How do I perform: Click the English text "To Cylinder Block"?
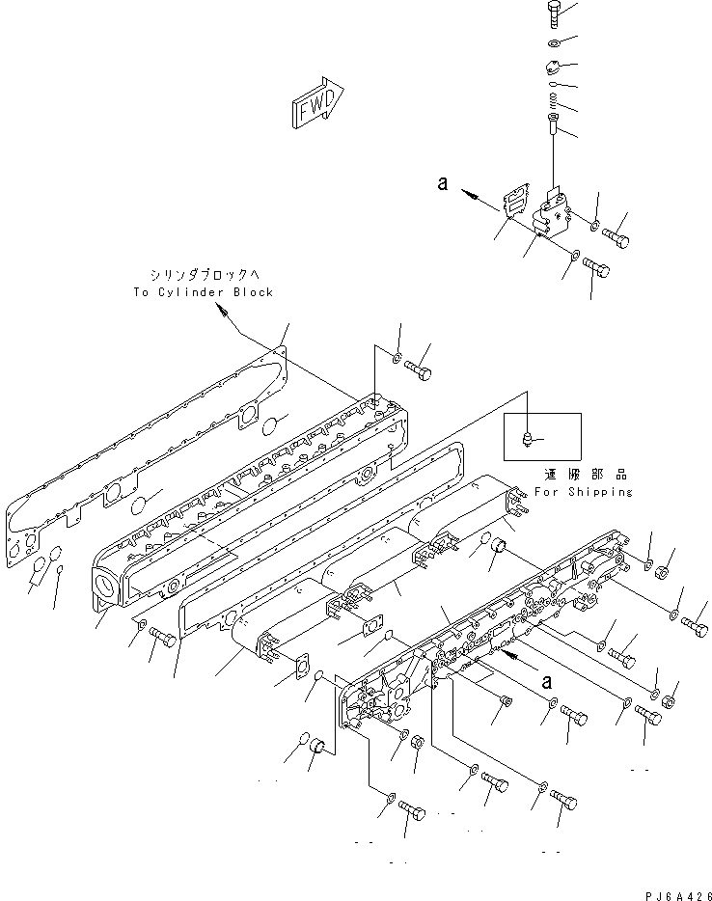pos(204,291)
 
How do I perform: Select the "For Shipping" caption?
pos(584,492)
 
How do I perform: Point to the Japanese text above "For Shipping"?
pos(584,476)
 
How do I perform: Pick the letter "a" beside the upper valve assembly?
pos(442,182)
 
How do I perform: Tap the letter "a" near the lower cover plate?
pos(546,681)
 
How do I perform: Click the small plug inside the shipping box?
pos(526,439)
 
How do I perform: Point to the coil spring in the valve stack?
pos(551,97)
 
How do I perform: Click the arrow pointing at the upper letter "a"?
pos(472,194)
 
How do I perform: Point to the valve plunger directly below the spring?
pos(551,123)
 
